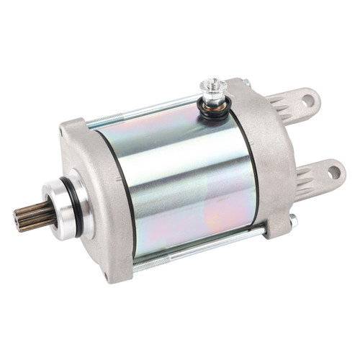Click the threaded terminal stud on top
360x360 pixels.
[213, 89]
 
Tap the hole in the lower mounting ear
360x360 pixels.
[333, 173]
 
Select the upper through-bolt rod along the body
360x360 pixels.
[144, 114]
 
